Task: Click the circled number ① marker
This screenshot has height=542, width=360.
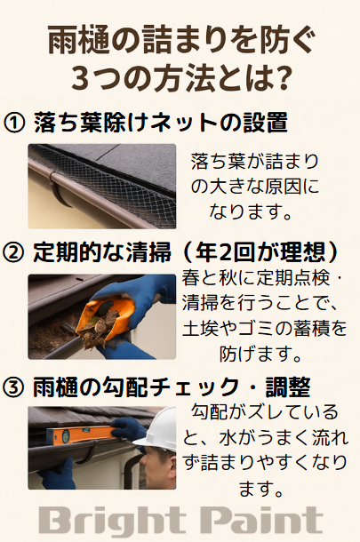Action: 14,123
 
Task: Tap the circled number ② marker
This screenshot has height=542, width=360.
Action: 14,252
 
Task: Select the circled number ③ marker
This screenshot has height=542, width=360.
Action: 14,387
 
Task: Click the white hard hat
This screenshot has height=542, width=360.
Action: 161,430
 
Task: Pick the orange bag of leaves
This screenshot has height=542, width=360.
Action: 104,320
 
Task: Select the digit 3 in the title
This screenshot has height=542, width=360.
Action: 80,78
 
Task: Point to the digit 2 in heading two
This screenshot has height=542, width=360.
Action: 226,252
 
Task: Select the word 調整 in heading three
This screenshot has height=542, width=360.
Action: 288,387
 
